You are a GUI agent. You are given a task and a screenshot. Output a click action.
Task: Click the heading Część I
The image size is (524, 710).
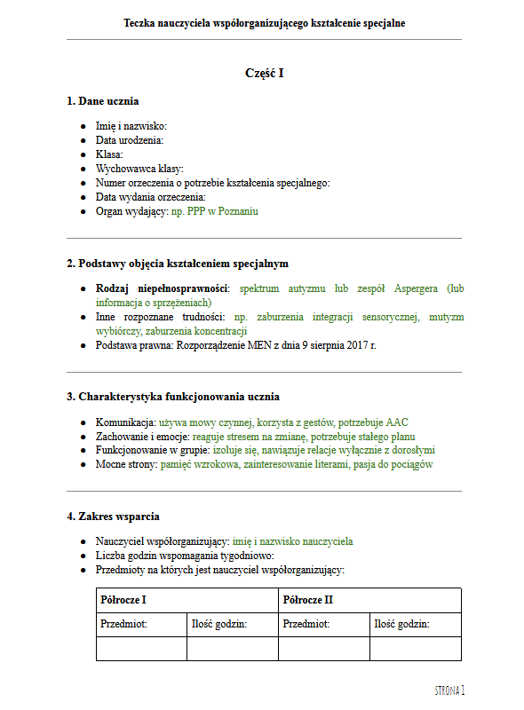click(x=264, y=73)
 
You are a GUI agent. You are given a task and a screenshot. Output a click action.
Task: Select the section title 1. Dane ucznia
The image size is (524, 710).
click(x=103, y=101)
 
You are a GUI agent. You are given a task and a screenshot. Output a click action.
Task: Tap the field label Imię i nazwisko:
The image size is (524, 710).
click(x=131, y=127)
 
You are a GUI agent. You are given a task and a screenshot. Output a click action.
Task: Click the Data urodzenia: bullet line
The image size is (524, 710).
click(x=130, y=140)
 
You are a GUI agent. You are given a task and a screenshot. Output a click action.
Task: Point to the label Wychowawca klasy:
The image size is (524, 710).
click(x=139, y=169)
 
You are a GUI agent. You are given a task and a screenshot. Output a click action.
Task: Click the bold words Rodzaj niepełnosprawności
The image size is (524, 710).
click(x=162, y=288)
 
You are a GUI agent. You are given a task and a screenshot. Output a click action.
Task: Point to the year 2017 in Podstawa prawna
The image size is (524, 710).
click(x=356, y=345)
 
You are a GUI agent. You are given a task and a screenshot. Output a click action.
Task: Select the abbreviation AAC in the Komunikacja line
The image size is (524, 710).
click(x=397, y=422)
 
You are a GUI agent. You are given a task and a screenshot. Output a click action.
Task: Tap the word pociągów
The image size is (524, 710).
click(x=410, y=464)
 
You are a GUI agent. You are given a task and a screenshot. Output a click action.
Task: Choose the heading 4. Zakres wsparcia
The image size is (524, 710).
click(x=114, y=516)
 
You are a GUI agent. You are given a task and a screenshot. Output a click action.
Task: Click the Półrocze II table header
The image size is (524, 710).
click(x=307, y=600)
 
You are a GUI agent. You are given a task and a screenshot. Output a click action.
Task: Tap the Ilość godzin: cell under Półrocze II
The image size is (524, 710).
click(x=402, y=624)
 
